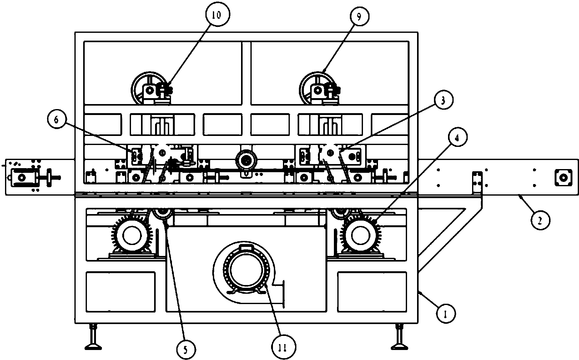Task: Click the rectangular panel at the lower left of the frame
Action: click(120, 292)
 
